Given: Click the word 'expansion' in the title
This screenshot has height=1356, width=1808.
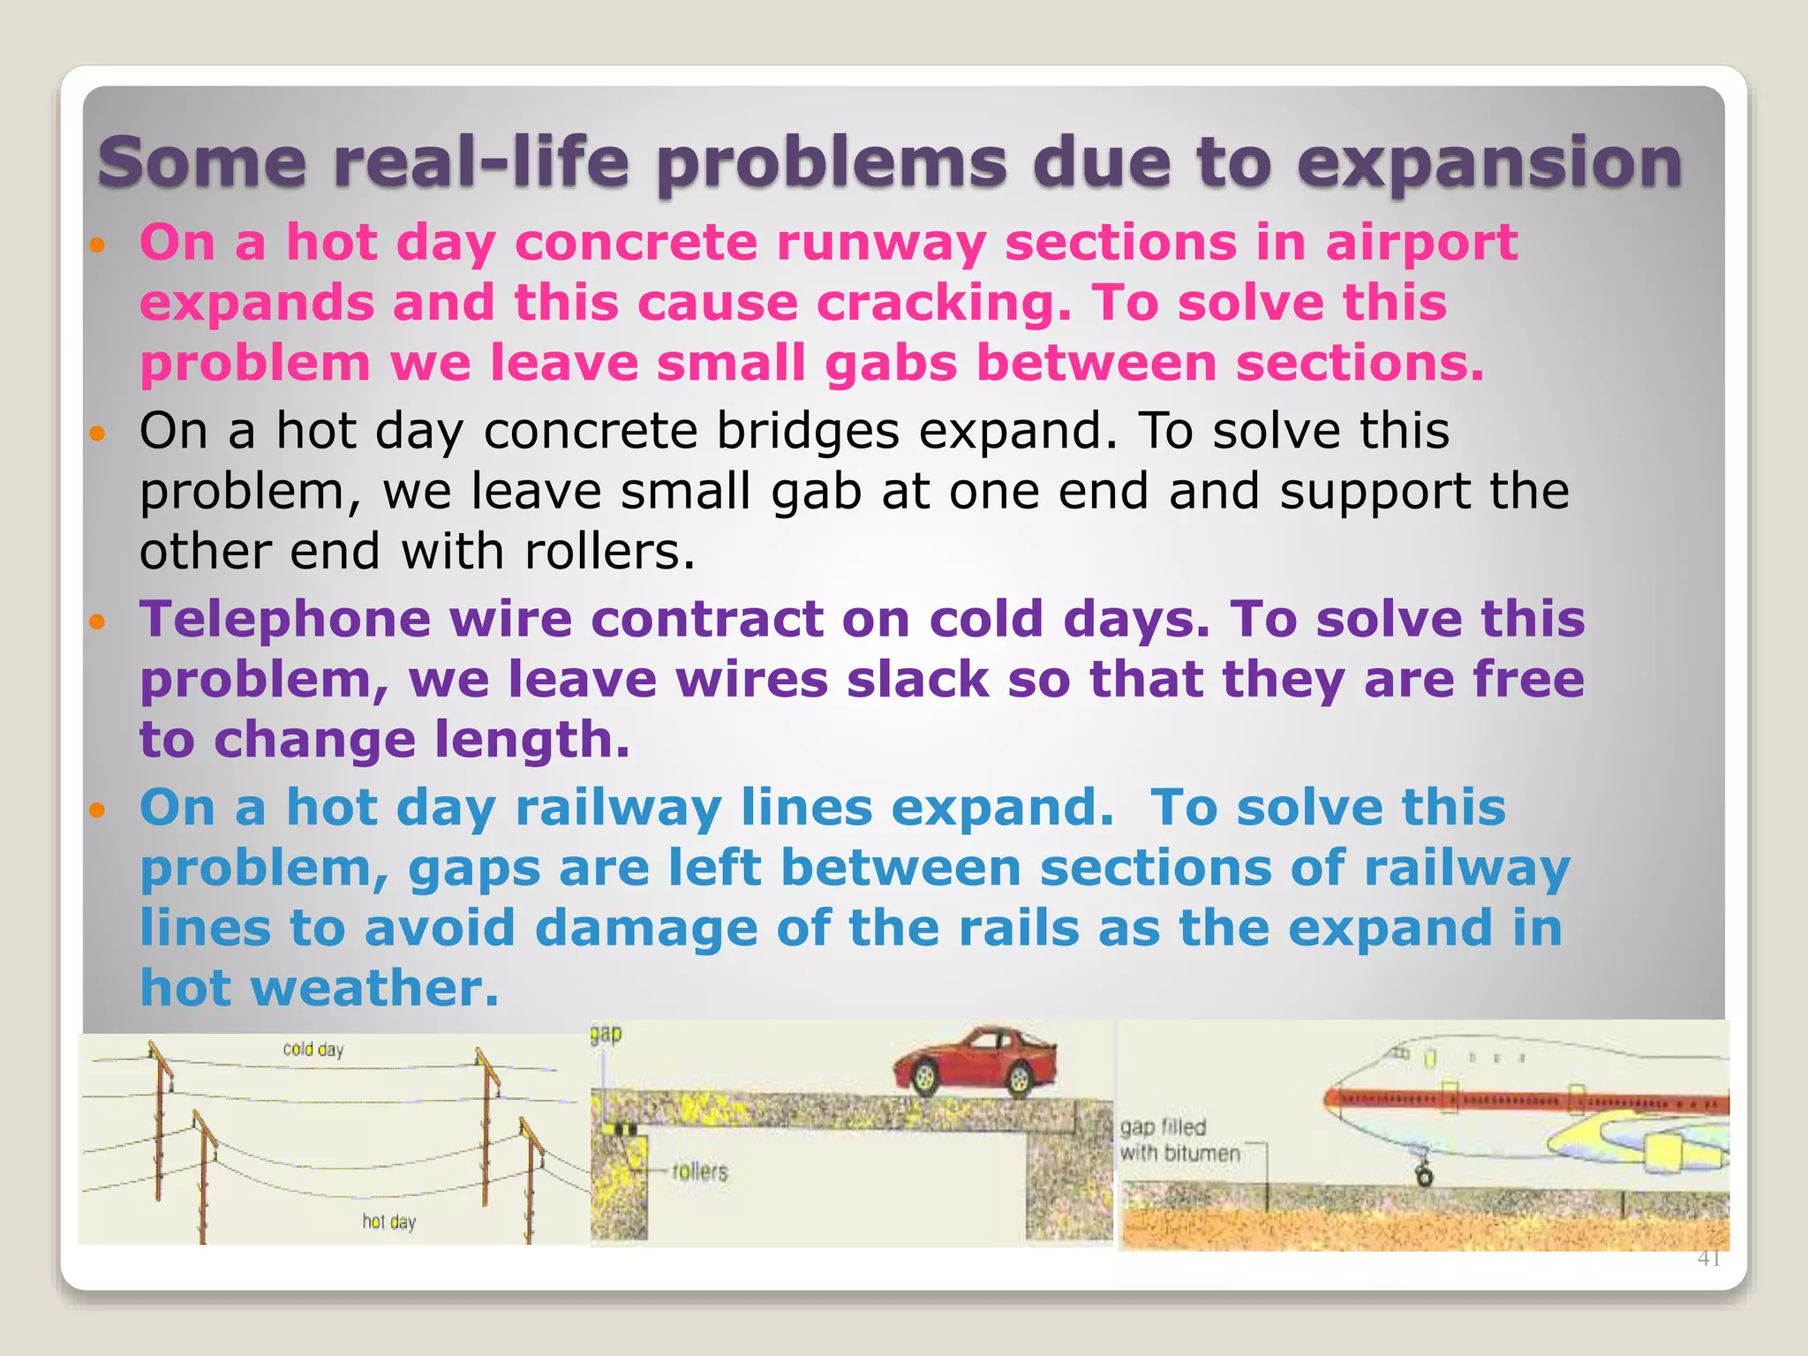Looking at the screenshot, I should (x=1488, y=164).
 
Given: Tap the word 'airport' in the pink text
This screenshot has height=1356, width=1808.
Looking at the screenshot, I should (x=1420, y=243).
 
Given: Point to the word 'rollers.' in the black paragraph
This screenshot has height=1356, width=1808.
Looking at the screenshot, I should (x=610, y=552).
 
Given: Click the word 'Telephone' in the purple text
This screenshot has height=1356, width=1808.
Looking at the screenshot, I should (x=284, y=619).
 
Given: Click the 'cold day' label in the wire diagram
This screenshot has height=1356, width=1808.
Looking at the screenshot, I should (x=313, y=1050).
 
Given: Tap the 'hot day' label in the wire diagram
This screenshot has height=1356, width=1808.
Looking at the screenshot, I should (x=388, y=1222).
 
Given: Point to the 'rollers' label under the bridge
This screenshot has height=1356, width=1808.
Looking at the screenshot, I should (x=699, y=1172).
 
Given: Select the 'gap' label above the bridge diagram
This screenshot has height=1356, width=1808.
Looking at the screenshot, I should (x=606, y=1034).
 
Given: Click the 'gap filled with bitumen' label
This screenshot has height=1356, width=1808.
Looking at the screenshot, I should (x=1179, y=1141).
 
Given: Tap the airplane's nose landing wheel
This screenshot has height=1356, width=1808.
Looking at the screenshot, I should (x=1423, y=1176).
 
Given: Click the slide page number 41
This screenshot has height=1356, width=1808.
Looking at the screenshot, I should (x=1708, y=1259).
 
